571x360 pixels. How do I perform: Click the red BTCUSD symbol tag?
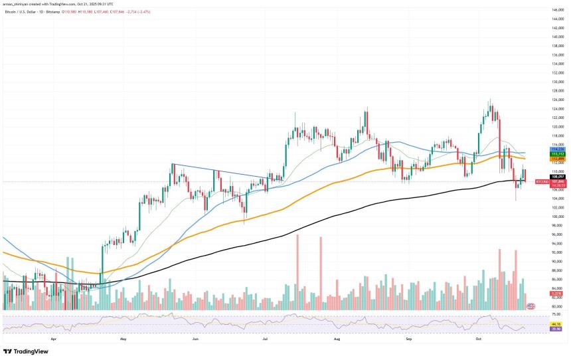[542, 181]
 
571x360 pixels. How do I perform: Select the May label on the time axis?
[123, 338]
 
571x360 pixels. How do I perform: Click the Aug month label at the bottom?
[337, 338]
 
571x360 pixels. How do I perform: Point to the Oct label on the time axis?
[478, 338]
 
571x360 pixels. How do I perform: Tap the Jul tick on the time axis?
[266, 338]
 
